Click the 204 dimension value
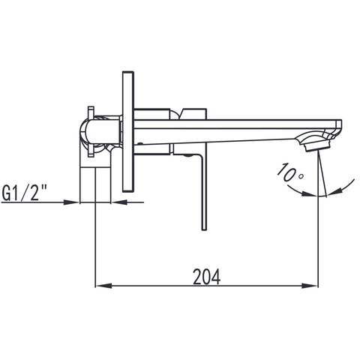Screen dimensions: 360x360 (x=207, y=277)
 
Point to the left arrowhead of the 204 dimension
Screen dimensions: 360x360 (x=103, y=285)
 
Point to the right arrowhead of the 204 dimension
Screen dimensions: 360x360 (x=310, y=285)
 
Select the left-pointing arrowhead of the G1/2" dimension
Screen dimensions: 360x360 (x=118, y=202)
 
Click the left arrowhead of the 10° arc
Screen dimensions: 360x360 (x=310, y=193)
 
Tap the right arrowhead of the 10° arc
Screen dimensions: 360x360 (x=334, y=192)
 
